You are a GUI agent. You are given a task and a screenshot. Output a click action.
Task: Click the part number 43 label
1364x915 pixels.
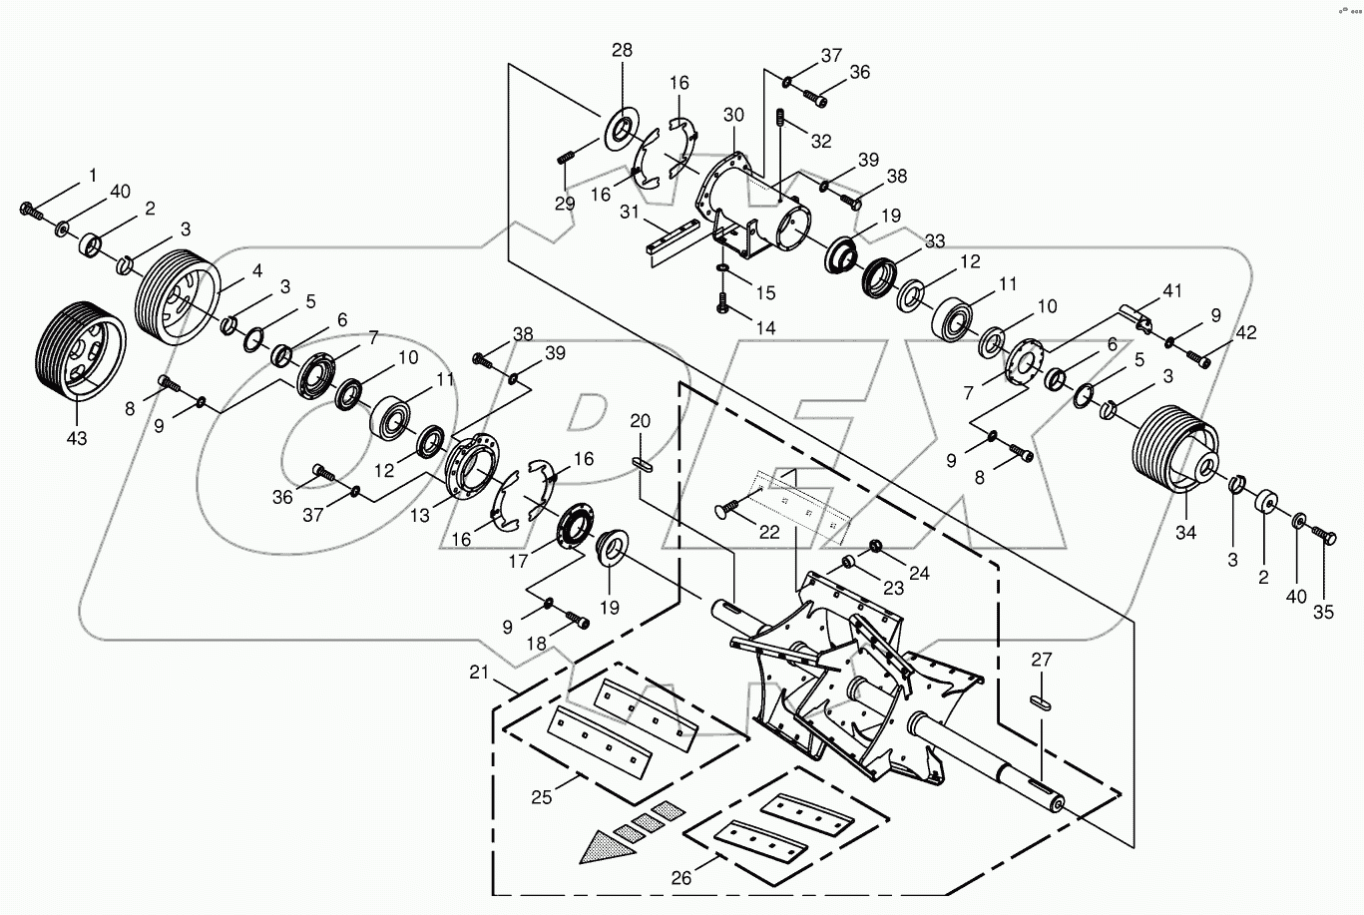(x=77, y=438)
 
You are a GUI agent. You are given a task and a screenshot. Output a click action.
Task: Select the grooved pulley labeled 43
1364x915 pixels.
(x=79, y=349)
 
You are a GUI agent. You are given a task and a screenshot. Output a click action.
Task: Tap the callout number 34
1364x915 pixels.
(x=1184, y=533)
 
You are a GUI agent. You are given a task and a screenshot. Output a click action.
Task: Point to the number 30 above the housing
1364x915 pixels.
(x=733, y=116)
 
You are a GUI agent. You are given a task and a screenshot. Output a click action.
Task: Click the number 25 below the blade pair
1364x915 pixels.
(x=543, y=797)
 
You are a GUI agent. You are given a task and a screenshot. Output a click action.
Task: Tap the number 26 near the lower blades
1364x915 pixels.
(x=681, y=878)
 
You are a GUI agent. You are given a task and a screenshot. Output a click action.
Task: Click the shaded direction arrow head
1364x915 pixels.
(x=605, y=846)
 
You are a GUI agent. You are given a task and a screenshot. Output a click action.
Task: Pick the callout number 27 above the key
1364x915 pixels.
(x=1042, y=660)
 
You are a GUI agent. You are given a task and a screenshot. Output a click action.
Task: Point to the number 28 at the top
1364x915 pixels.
(x=623, y=50)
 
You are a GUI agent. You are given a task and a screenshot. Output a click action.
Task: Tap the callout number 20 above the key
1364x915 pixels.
(x=640, y=421)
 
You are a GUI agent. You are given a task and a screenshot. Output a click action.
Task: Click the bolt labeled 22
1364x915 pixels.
(x=733, y=508)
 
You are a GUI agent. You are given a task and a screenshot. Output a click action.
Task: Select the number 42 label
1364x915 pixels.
(x=1247, y=332)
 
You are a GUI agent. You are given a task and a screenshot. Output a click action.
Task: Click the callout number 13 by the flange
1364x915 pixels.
(x=420, y=516)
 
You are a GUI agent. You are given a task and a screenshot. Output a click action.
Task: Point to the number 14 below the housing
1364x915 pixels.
(x=765, y=327)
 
